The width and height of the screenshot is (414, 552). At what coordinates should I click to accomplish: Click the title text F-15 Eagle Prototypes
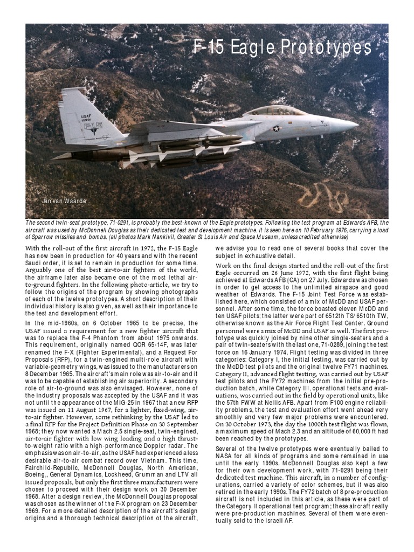pos(282,49)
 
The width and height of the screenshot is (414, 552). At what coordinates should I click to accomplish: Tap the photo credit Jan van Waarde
pos(64,201)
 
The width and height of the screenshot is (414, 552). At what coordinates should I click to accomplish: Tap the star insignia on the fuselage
pos(277,128)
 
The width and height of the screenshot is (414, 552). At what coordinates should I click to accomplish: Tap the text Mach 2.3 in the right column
pos(291,431)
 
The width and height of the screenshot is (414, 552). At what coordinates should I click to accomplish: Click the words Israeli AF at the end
pos(279,522)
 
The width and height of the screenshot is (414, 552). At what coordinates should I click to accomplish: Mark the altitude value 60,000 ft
pos(367,431)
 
